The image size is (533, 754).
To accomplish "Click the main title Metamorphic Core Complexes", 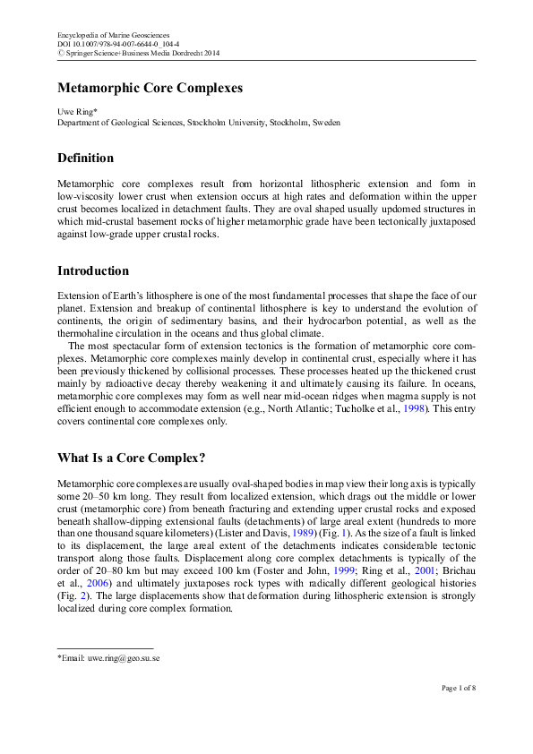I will [x=150, y=89].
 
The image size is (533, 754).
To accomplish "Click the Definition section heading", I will [x=85, y=159].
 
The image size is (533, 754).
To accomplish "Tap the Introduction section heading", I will [x=93, y=270].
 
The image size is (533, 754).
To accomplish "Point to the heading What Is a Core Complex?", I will [x=132, y=458].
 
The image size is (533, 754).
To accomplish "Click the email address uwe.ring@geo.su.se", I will [x=123, y=658].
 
